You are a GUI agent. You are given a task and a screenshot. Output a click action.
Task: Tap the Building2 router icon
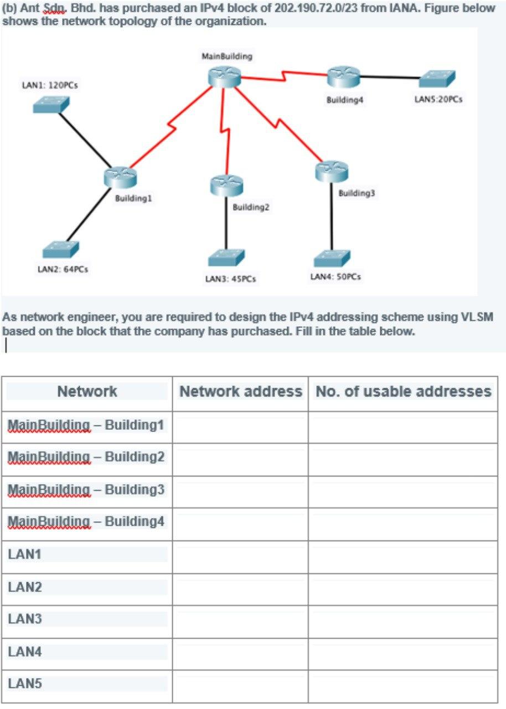(x=226, y=185)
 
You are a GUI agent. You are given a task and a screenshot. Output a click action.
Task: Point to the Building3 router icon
(x=332, y=171)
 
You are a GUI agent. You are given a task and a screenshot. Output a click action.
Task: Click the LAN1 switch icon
(x=51, y=105)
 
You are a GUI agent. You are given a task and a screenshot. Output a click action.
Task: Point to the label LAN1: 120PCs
(x=49, y=85)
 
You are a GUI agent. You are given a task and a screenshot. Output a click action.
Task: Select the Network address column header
(x=240, y=392)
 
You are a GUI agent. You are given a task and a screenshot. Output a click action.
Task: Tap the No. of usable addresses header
(x=403, y=392)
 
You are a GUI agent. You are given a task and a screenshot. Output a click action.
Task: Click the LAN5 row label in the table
(x=22, y=684)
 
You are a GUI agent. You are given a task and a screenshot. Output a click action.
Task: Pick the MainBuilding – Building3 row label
(x=86, y=490)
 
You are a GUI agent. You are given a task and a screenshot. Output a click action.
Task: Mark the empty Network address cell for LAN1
(x=240, y=555)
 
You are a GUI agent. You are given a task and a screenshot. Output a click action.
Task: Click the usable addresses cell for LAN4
(x=403, y=653)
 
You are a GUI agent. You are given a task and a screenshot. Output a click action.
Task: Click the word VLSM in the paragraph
(x=477, y=317)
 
